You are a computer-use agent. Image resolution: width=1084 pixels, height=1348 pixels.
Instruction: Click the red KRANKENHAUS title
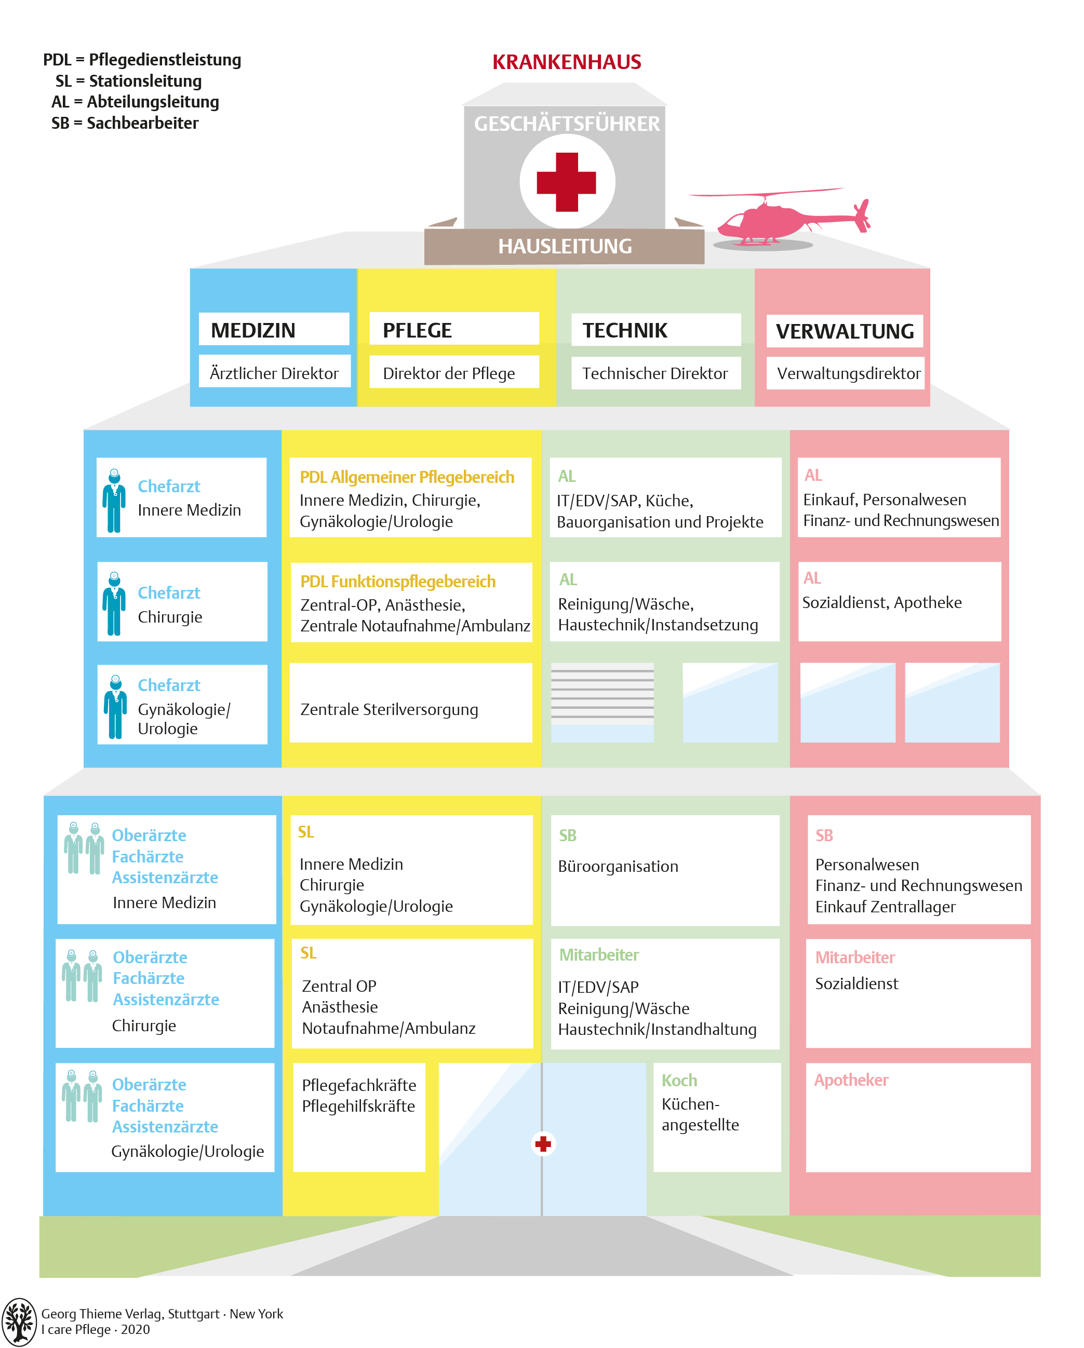pos(566,62)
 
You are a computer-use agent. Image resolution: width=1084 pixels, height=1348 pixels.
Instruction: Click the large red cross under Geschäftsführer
pos(566,182)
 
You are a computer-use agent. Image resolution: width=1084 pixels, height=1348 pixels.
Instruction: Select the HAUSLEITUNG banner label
pos(564,246)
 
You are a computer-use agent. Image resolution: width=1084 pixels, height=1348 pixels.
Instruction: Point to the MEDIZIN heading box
pos(273,330)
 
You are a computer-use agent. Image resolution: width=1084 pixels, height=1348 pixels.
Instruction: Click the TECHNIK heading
pos(625,330)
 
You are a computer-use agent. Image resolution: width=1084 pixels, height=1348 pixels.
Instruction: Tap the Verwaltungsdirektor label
pos(848,373)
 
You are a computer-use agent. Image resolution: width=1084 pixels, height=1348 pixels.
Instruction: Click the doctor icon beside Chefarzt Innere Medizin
pos(114,500)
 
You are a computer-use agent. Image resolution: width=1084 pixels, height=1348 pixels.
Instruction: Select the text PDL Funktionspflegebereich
pos(398,582)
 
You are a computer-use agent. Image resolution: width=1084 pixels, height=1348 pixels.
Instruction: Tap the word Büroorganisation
pos(618,866)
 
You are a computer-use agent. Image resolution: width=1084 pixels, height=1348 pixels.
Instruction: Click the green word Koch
pos(679,1081)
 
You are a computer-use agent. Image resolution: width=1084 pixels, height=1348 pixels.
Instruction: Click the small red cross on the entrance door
pos(542,1143)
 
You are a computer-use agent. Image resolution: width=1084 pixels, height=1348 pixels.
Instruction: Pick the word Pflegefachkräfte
pos(358,1085)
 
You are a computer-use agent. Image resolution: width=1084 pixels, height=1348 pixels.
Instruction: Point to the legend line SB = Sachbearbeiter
pos(125,123)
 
